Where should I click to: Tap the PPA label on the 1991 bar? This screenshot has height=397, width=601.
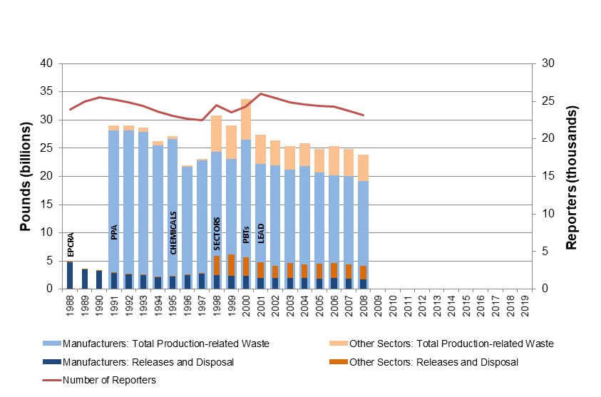pos(113,233)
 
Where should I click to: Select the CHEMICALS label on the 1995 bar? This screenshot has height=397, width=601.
pos(173,233)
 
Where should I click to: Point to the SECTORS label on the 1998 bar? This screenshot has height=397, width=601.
pos(217,233)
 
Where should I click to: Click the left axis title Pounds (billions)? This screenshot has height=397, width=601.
pos(26,176)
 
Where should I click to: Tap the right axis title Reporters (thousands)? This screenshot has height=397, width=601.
pos(572,176)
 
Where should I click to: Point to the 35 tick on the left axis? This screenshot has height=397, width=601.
pos(46,92)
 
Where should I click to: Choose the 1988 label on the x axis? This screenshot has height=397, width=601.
pos(70,306)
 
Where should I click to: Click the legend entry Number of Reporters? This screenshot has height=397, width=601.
pos(109,380)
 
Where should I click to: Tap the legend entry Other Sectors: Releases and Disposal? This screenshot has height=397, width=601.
pos(433,362)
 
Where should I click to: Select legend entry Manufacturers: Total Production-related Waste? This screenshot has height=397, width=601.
pos(166,344)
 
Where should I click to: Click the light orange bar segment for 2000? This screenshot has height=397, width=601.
pos(246,119)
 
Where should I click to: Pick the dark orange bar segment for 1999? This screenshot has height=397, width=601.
pos(231,265)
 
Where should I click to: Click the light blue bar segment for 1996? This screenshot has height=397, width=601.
pos(187,221)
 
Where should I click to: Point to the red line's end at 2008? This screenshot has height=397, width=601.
pos(364,115)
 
